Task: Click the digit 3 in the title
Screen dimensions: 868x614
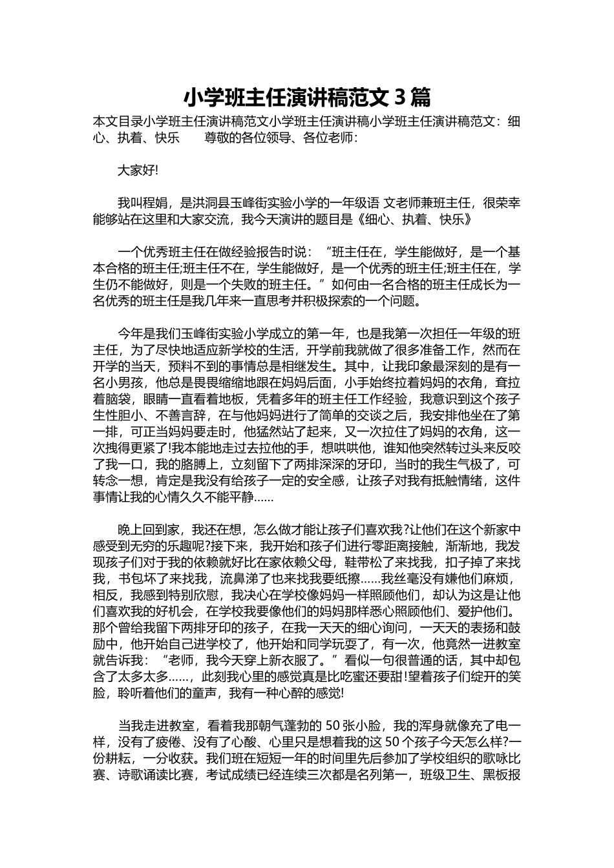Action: [399, 98]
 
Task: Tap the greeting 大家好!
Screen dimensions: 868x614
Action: [138, 170]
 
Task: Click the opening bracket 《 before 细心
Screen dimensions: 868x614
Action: [361, 220]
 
